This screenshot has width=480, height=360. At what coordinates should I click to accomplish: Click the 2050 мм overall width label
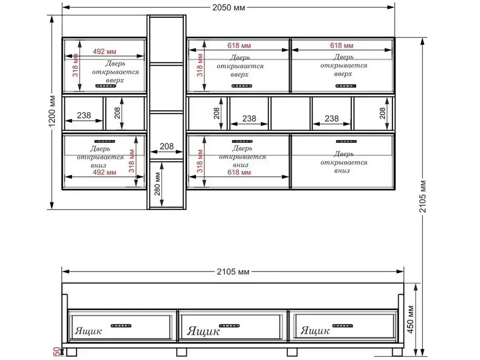click(x=229, y=7)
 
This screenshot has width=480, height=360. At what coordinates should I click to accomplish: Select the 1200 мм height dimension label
click(x=52, y=111)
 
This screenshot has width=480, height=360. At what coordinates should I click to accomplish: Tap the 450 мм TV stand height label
click(x=411, y=319)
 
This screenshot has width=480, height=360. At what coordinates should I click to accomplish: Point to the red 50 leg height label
click(x=56, y=352)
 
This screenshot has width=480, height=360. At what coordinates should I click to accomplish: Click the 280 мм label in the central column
click(x=157, y=184)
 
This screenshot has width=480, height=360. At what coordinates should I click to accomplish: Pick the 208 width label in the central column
click(x=167, y=146)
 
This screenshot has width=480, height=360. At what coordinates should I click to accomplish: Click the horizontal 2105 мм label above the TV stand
click(x=233, y=271)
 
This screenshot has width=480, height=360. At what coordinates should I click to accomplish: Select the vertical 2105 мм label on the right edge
click(x=423, y=196)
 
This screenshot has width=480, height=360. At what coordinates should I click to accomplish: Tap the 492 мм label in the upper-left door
click(x=104, y=51)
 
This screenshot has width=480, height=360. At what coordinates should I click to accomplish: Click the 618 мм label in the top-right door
click(x=341, y=45)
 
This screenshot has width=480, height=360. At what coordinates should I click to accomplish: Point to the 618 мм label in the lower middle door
click(x=239, y=173)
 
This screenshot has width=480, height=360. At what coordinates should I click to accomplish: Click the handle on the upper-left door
click(x=105, y=86)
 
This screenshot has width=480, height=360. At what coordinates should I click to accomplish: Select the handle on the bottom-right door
click(x=346, y=141)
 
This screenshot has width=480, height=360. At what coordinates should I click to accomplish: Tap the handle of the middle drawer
click(x=229, y=325)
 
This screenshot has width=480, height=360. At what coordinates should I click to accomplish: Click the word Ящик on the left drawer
click(x=88, y=331)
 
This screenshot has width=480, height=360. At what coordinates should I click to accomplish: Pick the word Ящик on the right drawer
click(x=315, y=331)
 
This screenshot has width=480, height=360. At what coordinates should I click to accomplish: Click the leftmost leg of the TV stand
click(x=72, y=353)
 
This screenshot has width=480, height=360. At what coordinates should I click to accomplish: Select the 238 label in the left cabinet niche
click(x=84, y=115)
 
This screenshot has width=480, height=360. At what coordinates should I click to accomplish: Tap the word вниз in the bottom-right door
click(x=342, y=171)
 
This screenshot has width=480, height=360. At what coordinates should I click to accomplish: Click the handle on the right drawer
click(x=342, y=326)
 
